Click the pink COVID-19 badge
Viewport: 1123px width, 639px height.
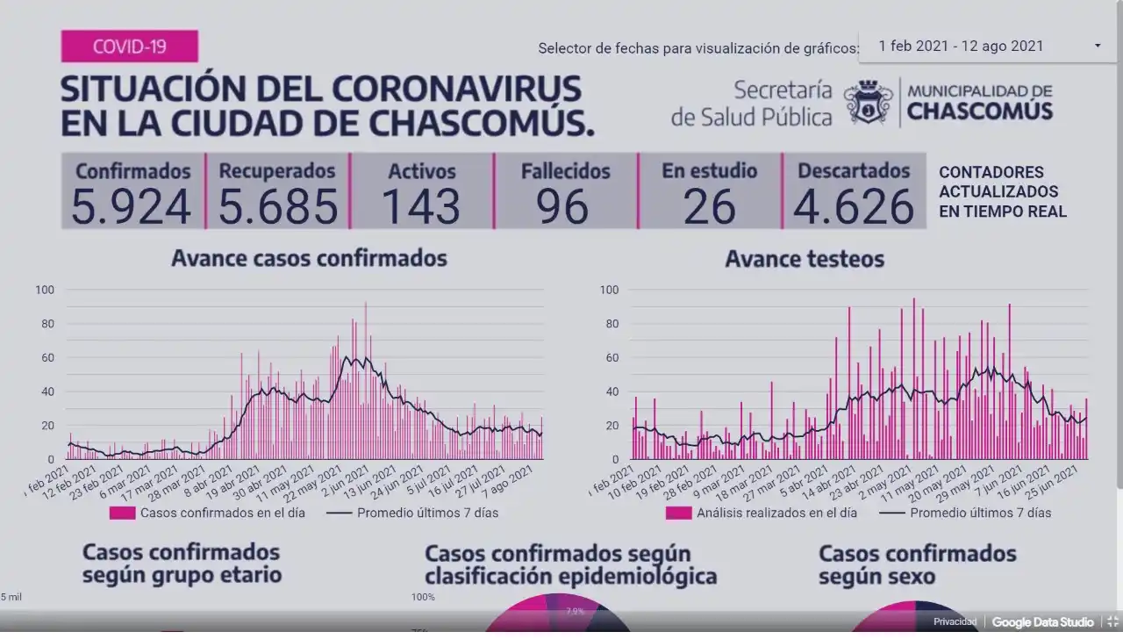(x=129, y=47)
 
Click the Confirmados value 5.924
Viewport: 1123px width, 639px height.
(x=131, y=206)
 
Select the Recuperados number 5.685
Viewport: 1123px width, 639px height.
(x=277, y=206)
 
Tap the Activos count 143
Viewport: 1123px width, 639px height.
(x=421, y=206)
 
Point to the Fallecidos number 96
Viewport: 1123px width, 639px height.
(x=564, y=206)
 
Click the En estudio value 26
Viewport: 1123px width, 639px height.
(x=709, y=206)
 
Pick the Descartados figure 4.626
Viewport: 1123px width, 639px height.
(x=853, y=206)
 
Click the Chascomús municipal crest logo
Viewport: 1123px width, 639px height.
(x=868, y=102)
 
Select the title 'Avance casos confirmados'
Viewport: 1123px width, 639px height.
(x=309, y=258)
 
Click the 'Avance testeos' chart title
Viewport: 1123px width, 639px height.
(x=805, y=259)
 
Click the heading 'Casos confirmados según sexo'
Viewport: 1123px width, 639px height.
(x=917, y=564)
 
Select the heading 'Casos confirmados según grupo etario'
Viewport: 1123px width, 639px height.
(x=182, y=564)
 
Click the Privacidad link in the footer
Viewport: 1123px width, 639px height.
(x=955, y=621)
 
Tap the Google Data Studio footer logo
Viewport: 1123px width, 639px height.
(x=1042, y=621)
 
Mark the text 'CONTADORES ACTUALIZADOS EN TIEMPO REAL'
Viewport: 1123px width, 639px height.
(x=1002, y=191)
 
